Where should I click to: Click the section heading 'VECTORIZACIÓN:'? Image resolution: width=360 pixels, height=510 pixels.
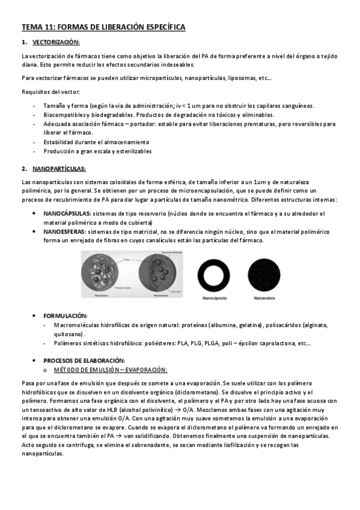point(55,43)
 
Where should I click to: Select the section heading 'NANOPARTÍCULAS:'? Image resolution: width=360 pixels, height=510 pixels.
point(59,169)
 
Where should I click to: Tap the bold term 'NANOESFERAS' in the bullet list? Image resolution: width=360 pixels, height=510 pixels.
point(64,231)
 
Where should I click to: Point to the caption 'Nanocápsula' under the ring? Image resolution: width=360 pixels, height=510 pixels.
point(215,296)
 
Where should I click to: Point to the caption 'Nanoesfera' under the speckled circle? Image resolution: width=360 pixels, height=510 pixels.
point(264,296)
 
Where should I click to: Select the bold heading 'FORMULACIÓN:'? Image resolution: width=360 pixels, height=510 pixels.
point(66,315)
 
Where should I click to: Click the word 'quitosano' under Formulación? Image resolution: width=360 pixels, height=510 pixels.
point(69,334)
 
